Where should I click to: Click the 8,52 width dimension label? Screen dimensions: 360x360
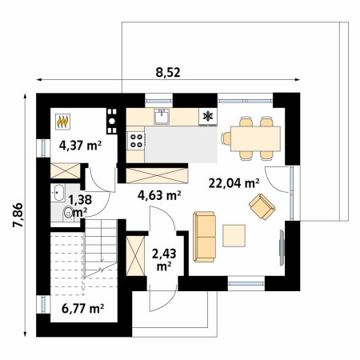point(168,73)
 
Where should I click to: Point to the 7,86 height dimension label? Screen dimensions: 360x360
point(18,215)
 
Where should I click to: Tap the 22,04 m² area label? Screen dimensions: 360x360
point(234,183)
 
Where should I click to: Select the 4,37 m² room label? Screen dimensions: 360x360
point(80,146)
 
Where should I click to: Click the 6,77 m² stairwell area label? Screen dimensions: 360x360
point(82,309)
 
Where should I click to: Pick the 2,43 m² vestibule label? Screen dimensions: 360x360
point(164,260)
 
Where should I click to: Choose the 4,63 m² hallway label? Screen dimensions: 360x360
point(159,195)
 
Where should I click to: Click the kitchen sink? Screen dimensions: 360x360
point(162,117)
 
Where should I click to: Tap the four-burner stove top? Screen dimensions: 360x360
point(136,141)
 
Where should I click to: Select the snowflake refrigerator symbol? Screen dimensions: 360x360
point(208,116)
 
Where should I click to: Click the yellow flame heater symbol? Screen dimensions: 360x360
point(63,122)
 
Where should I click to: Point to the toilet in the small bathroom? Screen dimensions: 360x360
point(68,214)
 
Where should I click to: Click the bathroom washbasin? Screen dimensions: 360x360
point(58,193)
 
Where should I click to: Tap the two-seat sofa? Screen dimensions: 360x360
point(204,237)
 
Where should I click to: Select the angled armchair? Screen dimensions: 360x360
point(262,206)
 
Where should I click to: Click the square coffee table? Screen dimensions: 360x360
point(234,236)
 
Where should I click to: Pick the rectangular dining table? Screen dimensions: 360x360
point(255,138)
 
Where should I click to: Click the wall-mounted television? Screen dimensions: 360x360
point(282,247)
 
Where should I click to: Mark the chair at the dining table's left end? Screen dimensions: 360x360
point(226,138)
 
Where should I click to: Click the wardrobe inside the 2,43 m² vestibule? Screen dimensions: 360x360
point(135,256)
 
